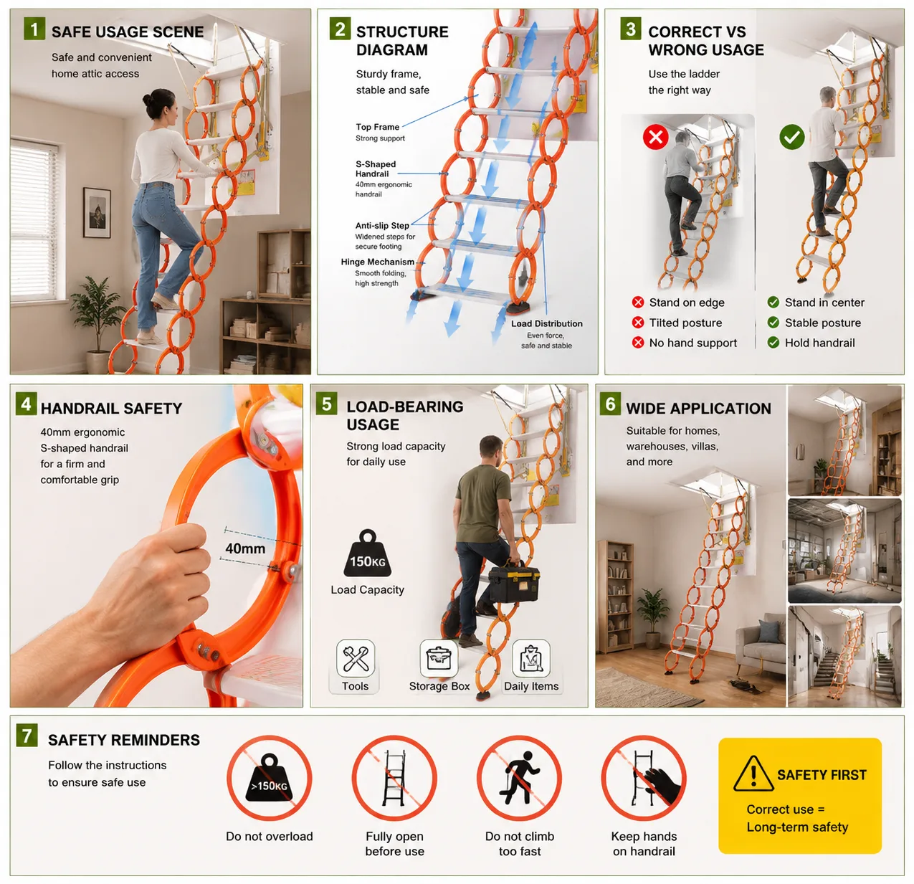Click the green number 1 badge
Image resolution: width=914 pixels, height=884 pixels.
[34, 29]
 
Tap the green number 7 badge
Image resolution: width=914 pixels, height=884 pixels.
[27, 735]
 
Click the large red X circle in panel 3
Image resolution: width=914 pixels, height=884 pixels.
[656, 137]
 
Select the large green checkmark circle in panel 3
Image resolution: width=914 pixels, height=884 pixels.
[792, 137]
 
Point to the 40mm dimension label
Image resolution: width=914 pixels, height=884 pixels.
[245, 548]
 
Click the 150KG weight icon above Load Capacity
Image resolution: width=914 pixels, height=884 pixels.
[367, 553]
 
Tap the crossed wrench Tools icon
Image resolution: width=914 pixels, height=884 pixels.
[356, 658]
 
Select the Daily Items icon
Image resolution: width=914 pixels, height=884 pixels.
[530, 658]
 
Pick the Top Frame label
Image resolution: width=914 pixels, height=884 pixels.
[378, 127]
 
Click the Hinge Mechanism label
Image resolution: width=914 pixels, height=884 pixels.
[378, 262]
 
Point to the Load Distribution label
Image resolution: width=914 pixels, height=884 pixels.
[547, 323]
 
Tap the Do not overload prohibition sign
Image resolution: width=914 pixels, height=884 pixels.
[269, 779]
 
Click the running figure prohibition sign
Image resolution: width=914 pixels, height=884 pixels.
[520, 779]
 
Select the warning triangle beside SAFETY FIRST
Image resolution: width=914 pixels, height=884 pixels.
[753, 773]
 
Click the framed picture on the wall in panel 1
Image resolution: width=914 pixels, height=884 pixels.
[97, 213]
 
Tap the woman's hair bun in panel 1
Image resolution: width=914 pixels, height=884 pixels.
[148, 100]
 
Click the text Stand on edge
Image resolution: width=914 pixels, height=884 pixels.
[687, 303]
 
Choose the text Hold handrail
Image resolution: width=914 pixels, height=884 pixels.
[819, 343]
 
